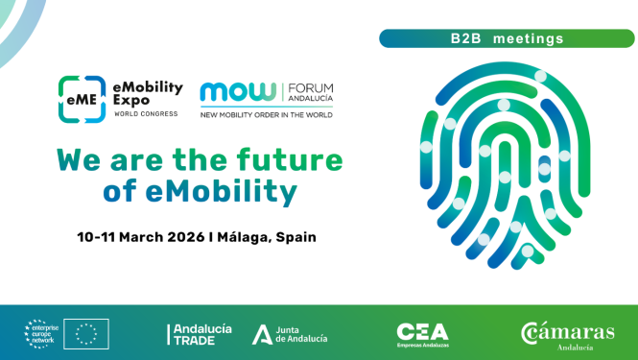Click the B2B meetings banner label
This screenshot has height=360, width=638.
click(x=507, y=39)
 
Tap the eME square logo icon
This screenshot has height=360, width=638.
click(x=81, y=100)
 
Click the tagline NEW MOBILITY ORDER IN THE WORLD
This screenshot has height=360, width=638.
click(x=266, y=115)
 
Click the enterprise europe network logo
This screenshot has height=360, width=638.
click(x=43, y=333)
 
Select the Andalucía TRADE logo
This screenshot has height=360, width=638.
click(x=200, y=333)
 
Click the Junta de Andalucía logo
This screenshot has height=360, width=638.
click(x=290, y=333)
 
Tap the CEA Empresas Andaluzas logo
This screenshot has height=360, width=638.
click(x=422, y=333)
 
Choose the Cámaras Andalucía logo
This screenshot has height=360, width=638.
click(x=568, y=333)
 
